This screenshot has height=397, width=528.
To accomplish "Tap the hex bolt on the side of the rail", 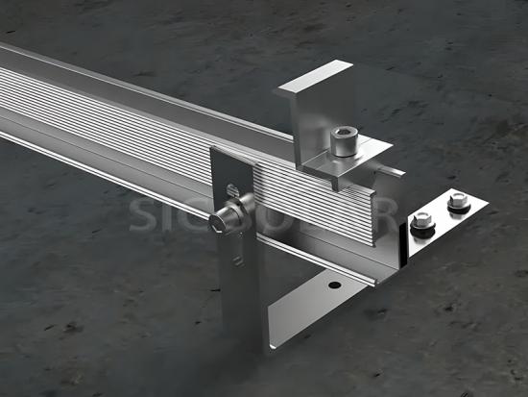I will click(228, 216).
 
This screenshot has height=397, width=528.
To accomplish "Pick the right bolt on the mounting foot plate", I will click(456, 203).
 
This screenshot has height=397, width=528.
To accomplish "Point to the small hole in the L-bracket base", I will click(332, 285).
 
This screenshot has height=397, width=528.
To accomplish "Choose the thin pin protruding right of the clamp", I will click(394, 171).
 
